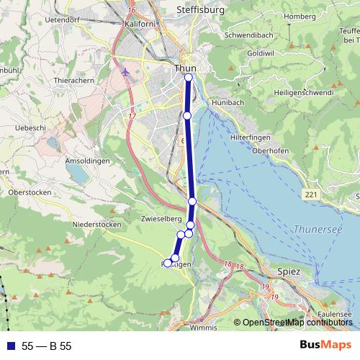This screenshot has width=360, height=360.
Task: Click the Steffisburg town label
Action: pos(200,10)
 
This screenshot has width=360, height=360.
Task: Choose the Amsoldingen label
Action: pos(87,160)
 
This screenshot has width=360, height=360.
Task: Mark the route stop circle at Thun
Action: pos(189,77)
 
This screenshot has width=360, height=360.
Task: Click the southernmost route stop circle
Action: pos(168,263)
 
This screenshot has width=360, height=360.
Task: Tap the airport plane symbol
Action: pos(127,73)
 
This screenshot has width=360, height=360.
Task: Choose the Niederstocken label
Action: pos(97,225)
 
